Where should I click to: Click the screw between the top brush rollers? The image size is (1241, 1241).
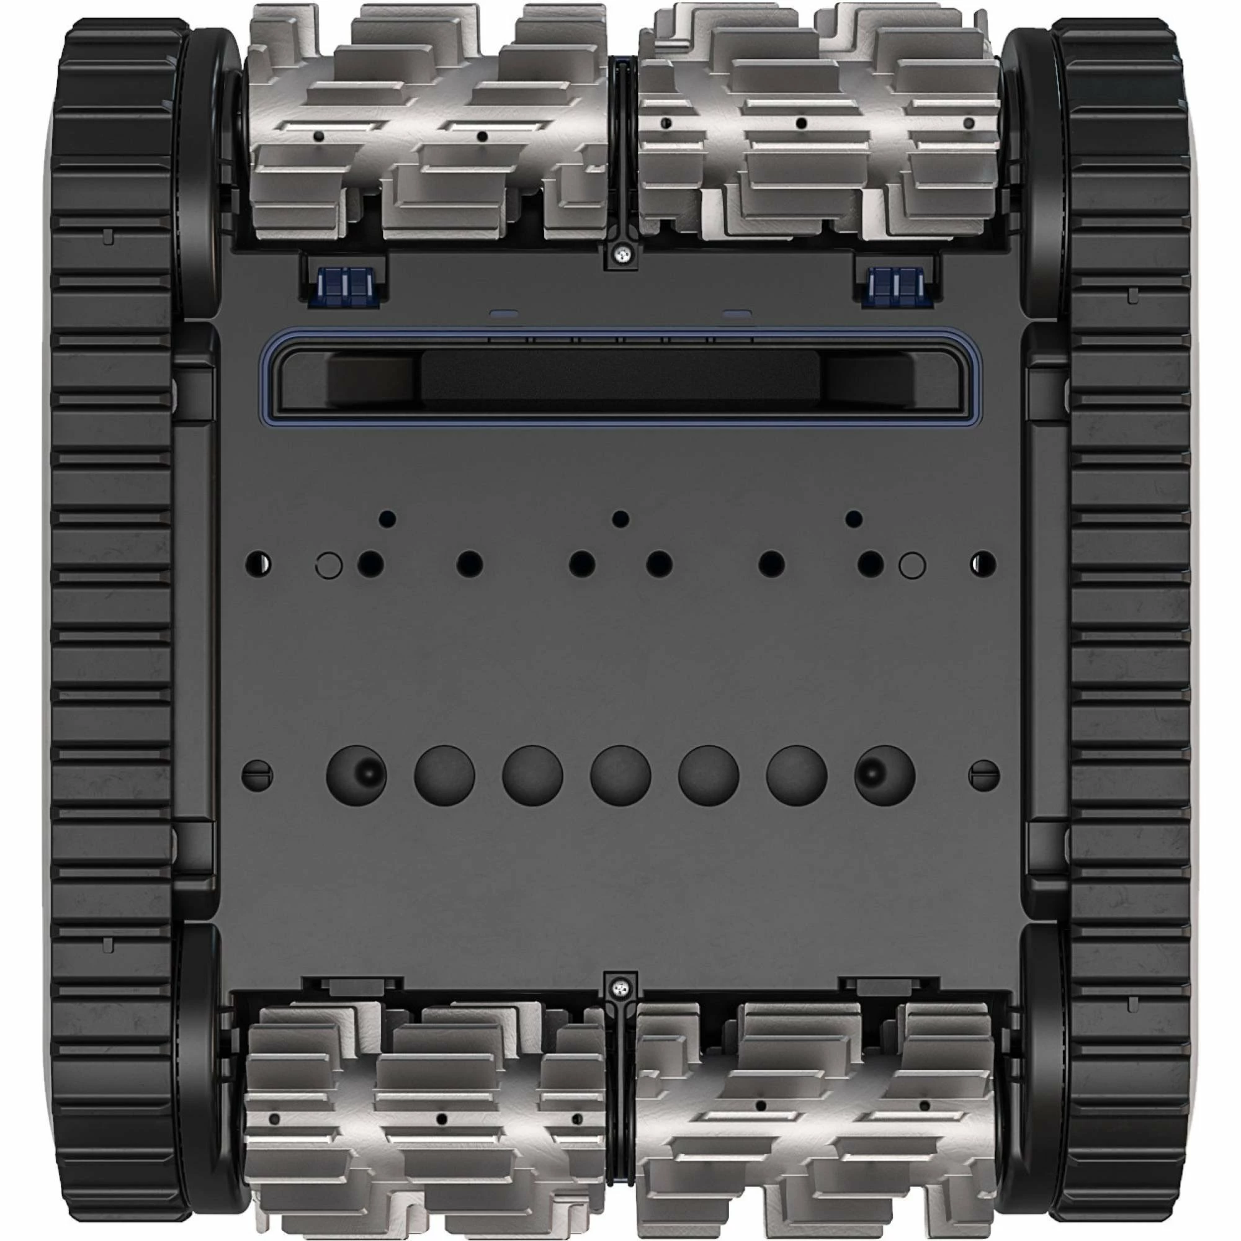(620, 256)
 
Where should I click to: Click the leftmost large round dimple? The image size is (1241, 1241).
(357, 775)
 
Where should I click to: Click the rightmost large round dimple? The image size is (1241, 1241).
(884, 775)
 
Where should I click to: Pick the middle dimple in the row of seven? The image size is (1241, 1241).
(620, 775)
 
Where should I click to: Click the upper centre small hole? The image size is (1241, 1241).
(620, 518)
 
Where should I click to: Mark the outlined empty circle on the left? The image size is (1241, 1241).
(329, 565)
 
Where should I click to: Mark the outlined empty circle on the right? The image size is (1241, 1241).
(913, 565)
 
